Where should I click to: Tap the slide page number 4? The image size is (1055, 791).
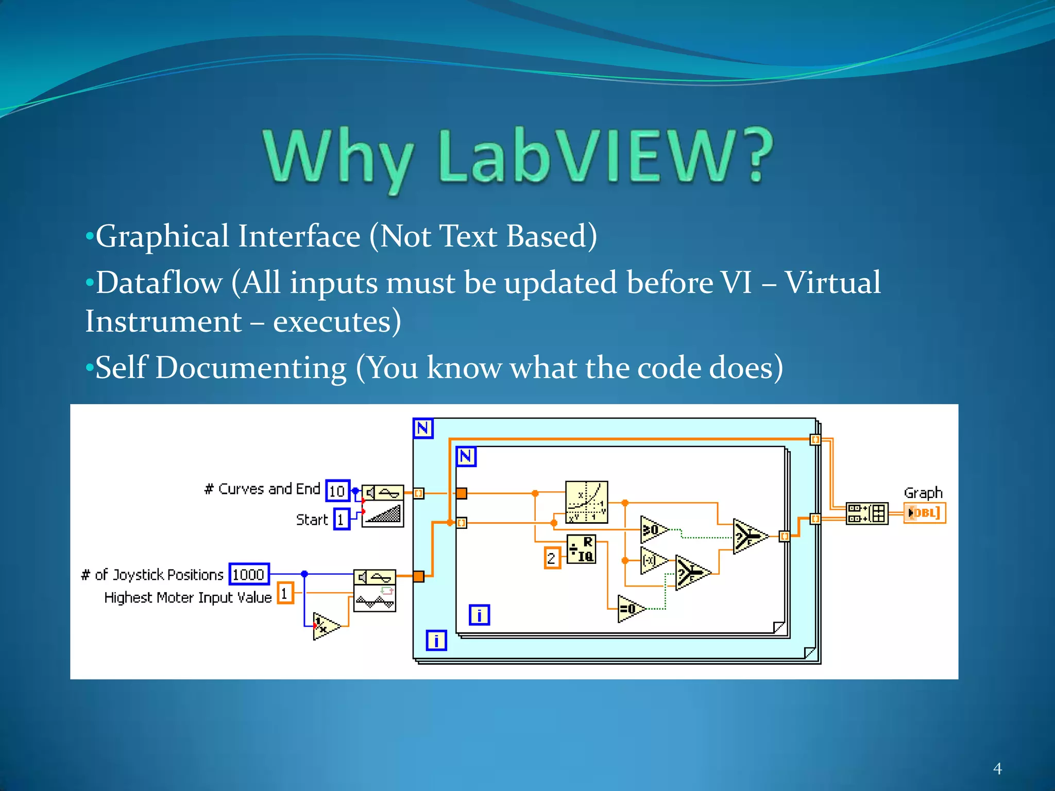(x=997, y=769)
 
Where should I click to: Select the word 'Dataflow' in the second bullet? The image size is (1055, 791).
(x=160, y=283)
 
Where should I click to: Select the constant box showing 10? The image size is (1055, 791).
(x=337, y=491)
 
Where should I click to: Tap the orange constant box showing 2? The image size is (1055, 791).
(x=552, y=558)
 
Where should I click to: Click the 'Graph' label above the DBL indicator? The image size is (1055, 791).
(x=923, y=493)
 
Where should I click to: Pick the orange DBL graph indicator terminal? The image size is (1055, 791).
(x=925, y=513)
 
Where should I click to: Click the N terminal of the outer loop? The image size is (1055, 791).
(x=423, y=428)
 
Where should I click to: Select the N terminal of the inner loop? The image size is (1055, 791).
(x=466, y=456)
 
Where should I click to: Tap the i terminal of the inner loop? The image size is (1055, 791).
(x=479, y=615)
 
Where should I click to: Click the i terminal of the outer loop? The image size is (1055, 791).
(x=436, y=640)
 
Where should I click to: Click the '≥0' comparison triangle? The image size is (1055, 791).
(x=653, y=529)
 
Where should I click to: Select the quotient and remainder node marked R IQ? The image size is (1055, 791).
(x=582, y=549)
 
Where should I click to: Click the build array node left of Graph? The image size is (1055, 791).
(x=867, y=513)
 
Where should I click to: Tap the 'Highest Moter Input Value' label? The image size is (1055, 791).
(x=188, y=597)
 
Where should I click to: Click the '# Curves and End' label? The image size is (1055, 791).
(x=262, y=489)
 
